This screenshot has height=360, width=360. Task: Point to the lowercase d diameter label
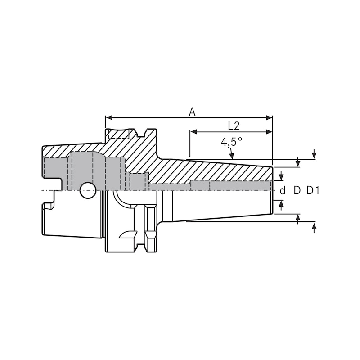point(283,190)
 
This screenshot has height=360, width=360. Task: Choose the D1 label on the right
point(313,190)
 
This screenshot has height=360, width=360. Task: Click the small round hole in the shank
point(88,190)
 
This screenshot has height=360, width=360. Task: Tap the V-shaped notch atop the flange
point(144,133)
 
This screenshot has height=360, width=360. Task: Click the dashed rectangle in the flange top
point(118,134)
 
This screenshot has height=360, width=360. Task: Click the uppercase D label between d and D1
point(297,190)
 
